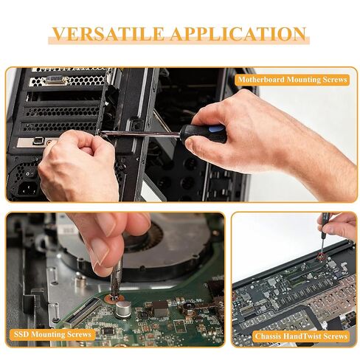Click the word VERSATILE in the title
108,34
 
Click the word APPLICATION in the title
238,34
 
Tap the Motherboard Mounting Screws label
292,80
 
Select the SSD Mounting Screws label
52,334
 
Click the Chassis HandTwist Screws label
301,336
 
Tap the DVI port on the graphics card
55,80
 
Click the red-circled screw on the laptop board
321,256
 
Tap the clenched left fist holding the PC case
79,165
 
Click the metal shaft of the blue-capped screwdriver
141,134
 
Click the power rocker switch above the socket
30,174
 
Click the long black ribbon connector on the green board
82,311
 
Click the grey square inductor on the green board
160,309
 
